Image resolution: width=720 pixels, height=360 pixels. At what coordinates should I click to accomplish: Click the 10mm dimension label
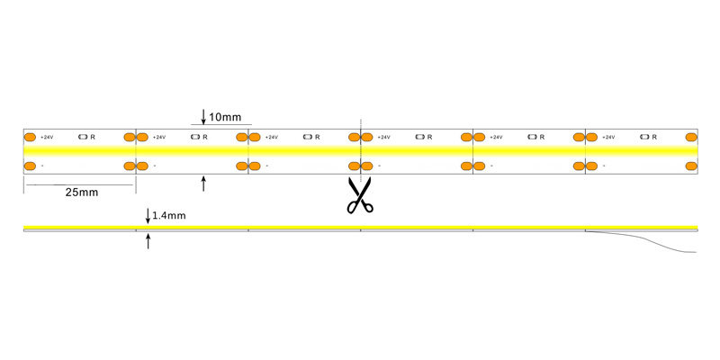point(225,117)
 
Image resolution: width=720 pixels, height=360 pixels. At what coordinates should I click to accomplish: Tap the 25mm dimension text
point(81,193)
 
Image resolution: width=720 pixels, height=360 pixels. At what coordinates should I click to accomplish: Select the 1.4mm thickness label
point(169,216)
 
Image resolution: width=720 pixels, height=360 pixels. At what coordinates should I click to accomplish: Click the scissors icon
point(359,195)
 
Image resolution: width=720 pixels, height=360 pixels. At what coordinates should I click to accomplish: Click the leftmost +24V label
point(47,137)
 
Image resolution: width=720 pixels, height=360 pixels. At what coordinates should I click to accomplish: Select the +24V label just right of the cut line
point(383,137)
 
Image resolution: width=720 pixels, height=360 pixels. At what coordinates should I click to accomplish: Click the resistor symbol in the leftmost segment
point(84,137)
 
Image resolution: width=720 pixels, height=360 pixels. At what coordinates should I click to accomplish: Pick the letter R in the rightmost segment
point(654,137)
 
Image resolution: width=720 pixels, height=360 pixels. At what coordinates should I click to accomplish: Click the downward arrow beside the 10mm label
point(203,116)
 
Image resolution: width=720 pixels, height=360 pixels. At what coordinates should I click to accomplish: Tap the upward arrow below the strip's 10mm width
point(203,184)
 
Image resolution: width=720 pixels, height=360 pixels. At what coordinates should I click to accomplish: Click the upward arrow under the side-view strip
point(148,240)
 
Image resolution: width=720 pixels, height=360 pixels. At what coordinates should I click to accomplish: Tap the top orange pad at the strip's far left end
point(29,137)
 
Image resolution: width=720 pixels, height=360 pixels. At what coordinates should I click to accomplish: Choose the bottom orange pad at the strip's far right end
point(690,166)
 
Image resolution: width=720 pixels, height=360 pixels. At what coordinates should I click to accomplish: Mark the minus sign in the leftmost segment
point(42,166)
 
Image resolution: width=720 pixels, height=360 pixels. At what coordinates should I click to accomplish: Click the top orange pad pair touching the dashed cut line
point(361,137)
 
